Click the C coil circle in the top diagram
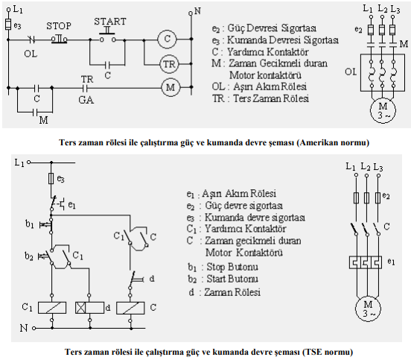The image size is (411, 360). pyautogui.click(x=168, y=39)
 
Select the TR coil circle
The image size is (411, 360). pyautogui.click(x=169, y=64)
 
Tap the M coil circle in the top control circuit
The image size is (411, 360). pyautogui.click(x=171, y=87)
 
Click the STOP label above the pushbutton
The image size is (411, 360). pyautogui.click(x=59, y=25)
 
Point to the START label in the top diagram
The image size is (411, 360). pyautogui.click(x=110, y=22)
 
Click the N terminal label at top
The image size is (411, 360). pyautogui.click(x=197, y=11)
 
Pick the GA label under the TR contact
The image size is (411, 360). pyautogui.click(x=86, y=100)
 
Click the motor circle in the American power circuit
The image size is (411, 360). pyautogui.click(x=383, y=110)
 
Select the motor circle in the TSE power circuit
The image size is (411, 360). pyautogui.click(x=368, y=309)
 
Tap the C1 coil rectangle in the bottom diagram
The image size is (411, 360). pyautogui.click(x=52, y=308)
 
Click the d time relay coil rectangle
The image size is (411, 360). pyautogui.click(x=89, y=308)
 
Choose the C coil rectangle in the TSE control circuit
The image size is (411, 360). pyautogui.click(x=130, y=308)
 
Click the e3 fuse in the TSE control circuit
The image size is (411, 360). pyautogui.click(x=51, y=178)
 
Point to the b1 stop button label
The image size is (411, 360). pyautogui.click(x=29, y=224)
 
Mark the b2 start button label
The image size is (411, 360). pyautogui.click(x=29, y=256)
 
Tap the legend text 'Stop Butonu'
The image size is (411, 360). pyautogui.click(x=232, y=267)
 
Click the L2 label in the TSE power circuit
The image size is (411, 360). pyautogui.click(x=366, y=167)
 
